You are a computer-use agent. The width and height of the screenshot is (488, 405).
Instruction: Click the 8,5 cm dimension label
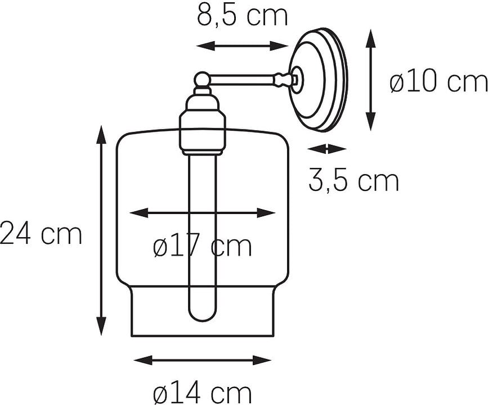(242, 16)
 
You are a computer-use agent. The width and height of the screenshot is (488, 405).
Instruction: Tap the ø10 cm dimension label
(438, 83)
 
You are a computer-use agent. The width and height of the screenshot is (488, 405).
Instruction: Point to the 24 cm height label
(41, 234)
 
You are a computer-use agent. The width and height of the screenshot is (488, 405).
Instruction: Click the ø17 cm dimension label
(203, 246)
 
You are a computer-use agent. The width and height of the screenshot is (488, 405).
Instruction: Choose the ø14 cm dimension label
(203, 392)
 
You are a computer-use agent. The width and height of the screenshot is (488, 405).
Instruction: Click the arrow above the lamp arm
(242, 46)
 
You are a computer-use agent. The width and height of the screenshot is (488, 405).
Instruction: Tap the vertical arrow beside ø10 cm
(370, 80)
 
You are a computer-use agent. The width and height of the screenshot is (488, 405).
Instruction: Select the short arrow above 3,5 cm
(327, 149)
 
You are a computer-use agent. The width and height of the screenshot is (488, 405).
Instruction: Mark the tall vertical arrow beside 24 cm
(101, 231)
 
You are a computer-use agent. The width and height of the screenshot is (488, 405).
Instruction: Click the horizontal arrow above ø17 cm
(203, 213)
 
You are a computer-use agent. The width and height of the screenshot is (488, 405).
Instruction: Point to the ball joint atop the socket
(202, 79)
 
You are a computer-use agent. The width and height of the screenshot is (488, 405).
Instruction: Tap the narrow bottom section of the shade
(203, 315)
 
